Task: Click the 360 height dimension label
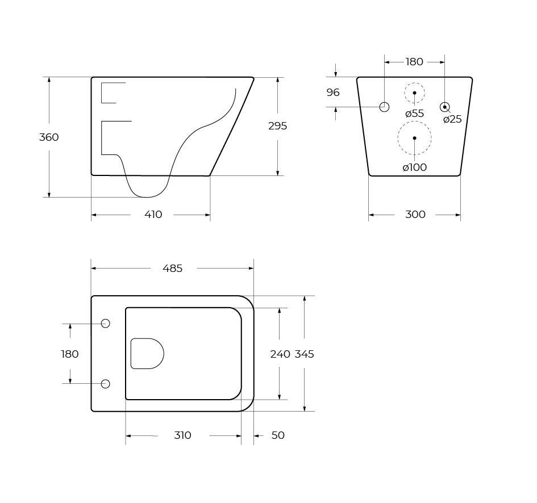[49, 137]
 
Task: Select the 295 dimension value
[277, 126]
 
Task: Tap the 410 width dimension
[153, 215]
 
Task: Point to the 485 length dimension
[173, 269]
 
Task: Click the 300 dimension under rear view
[415, 215]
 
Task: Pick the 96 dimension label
[333, 93]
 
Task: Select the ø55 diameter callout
[414, 114]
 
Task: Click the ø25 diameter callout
[452, 119]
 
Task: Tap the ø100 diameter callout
[415, 167]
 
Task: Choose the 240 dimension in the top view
[280, 354]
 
